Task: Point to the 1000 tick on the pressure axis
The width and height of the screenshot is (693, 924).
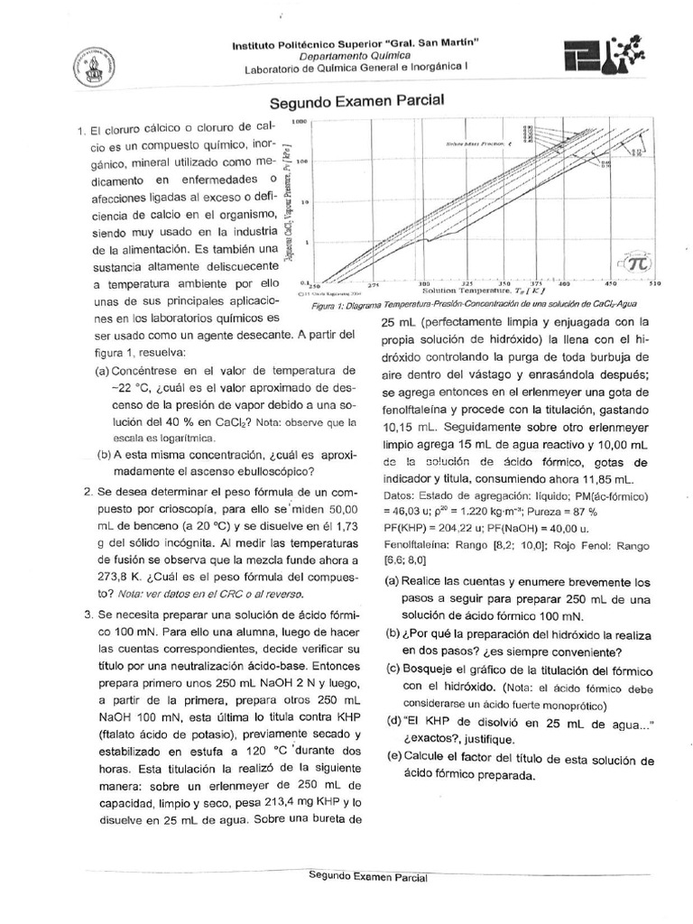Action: tap(300, 120)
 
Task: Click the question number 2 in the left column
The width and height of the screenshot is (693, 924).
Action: tap(88, 493)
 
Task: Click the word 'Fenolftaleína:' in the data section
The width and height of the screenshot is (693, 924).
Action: tap(418, 544)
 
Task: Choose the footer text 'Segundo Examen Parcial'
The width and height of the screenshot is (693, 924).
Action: tap(367, 875)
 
